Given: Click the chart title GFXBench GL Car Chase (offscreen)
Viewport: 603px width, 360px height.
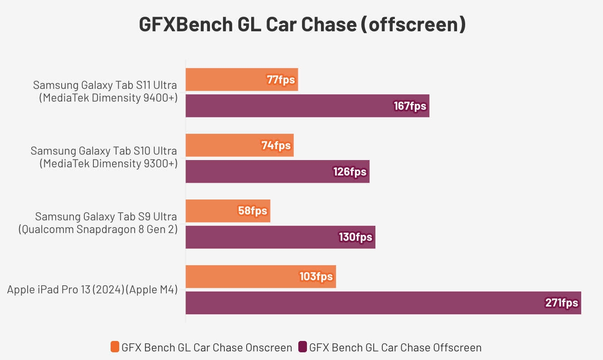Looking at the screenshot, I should tap(302, 25).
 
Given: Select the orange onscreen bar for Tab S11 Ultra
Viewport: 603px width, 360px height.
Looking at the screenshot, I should tap(227, 79).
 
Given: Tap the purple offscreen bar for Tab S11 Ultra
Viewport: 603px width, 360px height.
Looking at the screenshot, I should tap(290, 106).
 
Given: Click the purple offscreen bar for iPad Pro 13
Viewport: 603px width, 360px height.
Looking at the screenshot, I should tap(363, 303).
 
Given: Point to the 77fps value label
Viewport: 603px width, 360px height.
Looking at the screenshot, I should tap(281, 80).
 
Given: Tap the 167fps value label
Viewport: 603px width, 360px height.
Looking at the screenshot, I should tap(410, 106).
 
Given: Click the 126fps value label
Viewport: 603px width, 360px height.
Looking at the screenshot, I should tap(350, 172).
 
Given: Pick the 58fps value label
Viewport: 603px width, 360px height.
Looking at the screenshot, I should tap(253, 211).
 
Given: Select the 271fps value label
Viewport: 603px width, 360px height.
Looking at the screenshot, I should tap(562, 303).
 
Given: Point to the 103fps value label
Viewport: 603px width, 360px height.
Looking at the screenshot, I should tap(316, 277).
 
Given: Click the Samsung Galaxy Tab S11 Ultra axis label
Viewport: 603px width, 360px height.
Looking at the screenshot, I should tap(105, 85).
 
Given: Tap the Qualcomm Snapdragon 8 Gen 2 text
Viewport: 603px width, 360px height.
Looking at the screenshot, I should tap(98, 229).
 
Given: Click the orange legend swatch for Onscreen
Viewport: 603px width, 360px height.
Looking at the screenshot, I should tap(115, 347).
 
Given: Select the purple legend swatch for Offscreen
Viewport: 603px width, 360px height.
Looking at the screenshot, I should tap(302, 347).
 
